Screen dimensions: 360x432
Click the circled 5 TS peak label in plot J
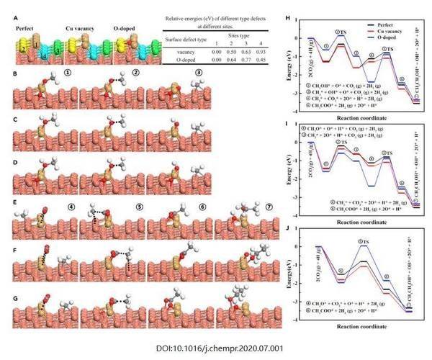pos(364,240)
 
